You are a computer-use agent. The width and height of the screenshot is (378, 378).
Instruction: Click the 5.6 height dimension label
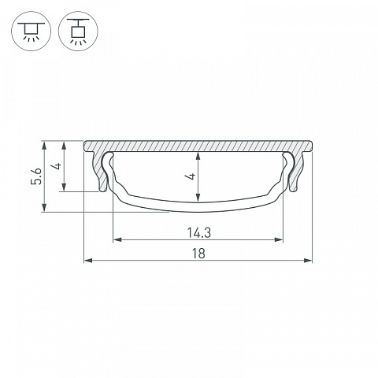pyautogui.click(x=36, y=176)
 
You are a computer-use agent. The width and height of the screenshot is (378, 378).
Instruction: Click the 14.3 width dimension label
pyautogui.click(x=198, y=232)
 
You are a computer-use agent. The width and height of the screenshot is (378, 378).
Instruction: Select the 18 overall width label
pyautogui.click(x=198, y=254)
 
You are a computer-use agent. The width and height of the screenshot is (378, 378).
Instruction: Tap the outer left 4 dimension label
pyautogui.click(x=57, y=166)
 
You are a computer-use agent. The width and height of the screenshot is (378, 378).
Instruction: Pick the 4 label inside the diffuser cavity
pyautogui.click(x=191, y=176)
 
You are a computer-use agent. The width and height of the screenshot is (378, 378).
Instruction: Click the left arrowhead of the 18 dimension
pyautogui.click(x=87, y=261)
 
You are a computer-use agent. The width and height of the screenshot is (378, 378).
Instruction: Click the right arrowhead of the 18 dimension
pyautogui.click(x=308, y=261)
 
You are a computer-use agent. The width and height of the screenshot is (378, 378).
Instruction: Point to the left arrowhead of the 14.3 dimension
pyautogui.click(x=117, y=239)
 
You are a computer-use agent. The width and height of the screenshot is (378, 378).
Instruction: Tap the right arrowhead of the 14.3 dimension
pyautogui.click(x=279, y=239)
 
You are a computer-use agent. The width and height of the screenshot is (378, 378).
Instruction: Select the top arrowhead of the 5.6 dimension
pyautogui.click(x=44, y=145)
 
